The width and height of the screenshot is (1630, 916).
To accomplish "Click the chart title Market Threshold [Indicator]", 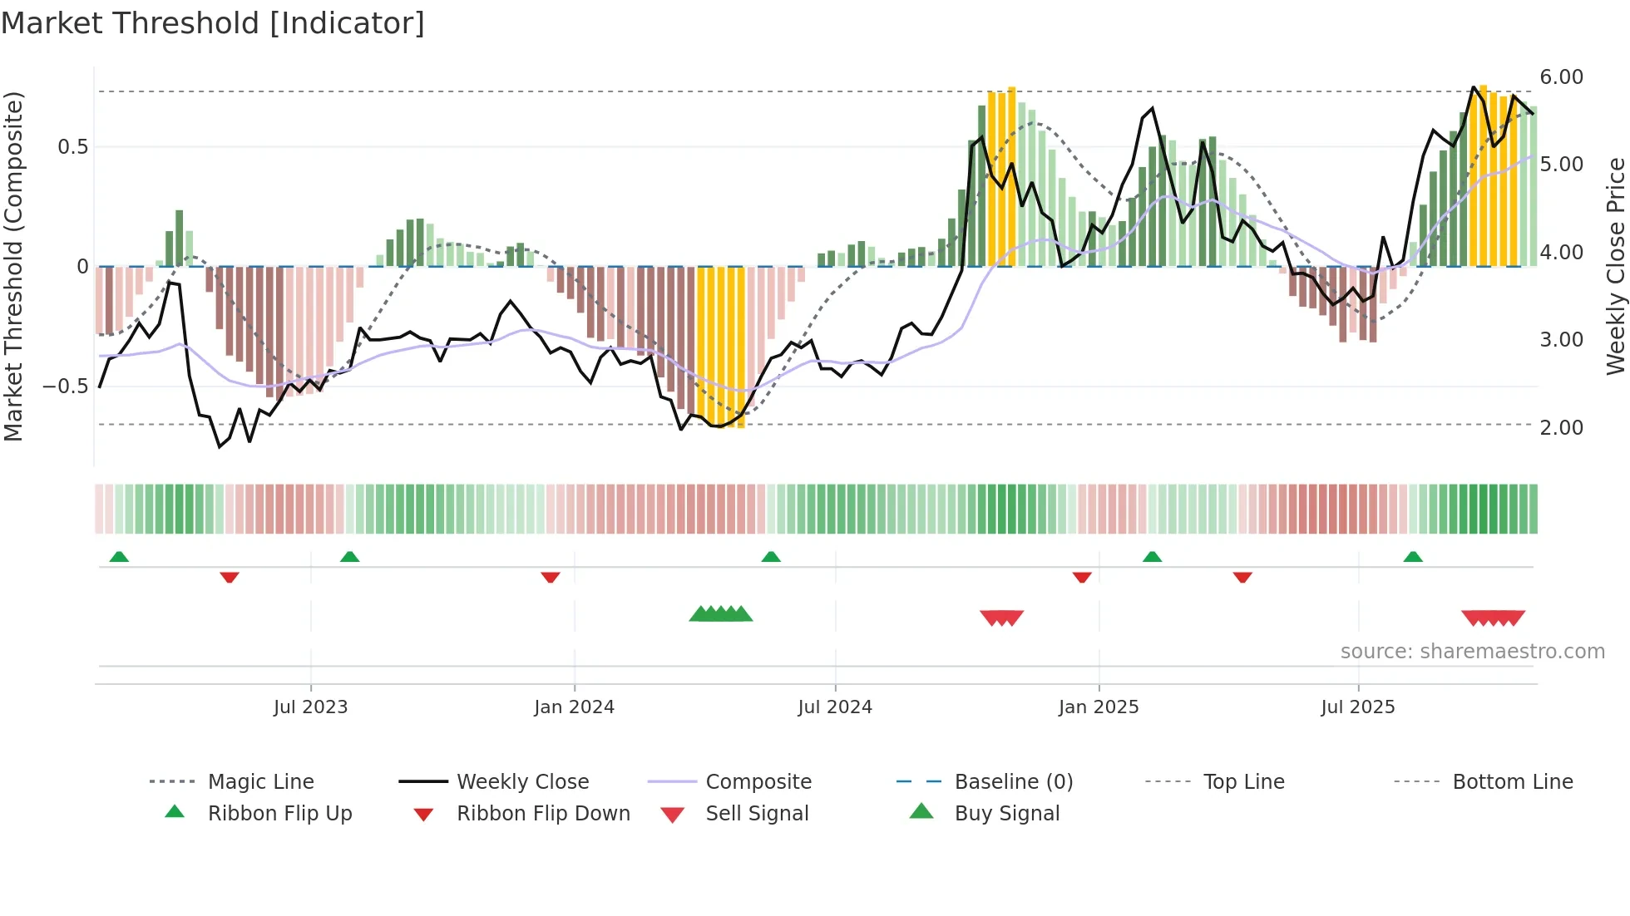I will tap(213, 23).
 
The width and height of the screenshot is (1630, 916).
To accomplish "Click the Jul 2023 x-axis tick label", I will tap(310, 707).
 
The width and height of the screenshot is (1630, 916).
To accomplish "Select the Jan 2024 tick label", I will tap(574, 707).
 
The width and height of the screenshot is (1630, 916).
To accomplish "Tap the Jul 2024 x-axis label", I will tap(835, 707).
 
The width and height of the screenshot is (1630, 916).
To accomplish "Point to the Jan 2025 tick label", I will tap(1099, 707).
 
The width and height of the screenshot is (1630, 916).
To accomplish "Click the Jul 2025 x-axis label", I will tap(1358, 707).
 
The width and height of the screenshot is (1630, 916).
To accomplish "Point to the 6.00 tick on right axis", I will tap(1561, 77).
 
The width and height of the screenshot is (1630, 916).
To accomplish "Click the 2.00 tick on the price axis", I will tap(1561, 428).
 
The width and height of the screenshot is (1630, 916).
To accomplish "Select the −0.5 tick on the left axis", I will tap(65, 387).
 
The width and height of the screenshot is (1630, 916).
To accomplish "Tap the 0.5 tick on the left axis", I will tap(72, 147).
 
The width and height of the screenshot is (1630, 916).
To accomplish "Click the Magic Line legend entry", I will tap(260, 782).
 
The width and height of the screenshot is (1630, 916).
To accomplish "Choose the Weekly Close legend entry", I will tap(522, 782).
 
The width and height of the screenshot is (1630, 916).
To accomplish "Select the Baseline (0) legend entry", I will tap(1013, 782).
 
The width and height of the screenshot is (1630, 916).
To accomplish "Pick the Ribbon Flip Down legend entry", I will tap(543, 814).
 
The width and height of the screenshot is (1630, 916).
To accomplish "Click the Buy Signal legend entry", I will tap(1006, 814).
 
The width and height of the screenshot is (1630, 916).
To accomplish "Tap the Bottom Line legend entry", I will tap(1512, 782).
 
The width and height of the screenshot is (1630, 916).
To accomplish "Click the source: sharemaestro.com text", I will tap(1472, 652).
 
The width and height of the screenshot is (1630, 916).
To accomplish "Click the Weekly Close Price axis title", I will tap(1615, 266).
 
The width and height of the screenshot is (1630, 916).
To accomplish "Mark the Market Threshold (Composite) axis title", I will tap(14, 266).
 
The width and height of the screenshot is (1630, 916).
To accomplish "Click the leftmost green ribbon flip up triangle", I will tap(119, 556).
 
